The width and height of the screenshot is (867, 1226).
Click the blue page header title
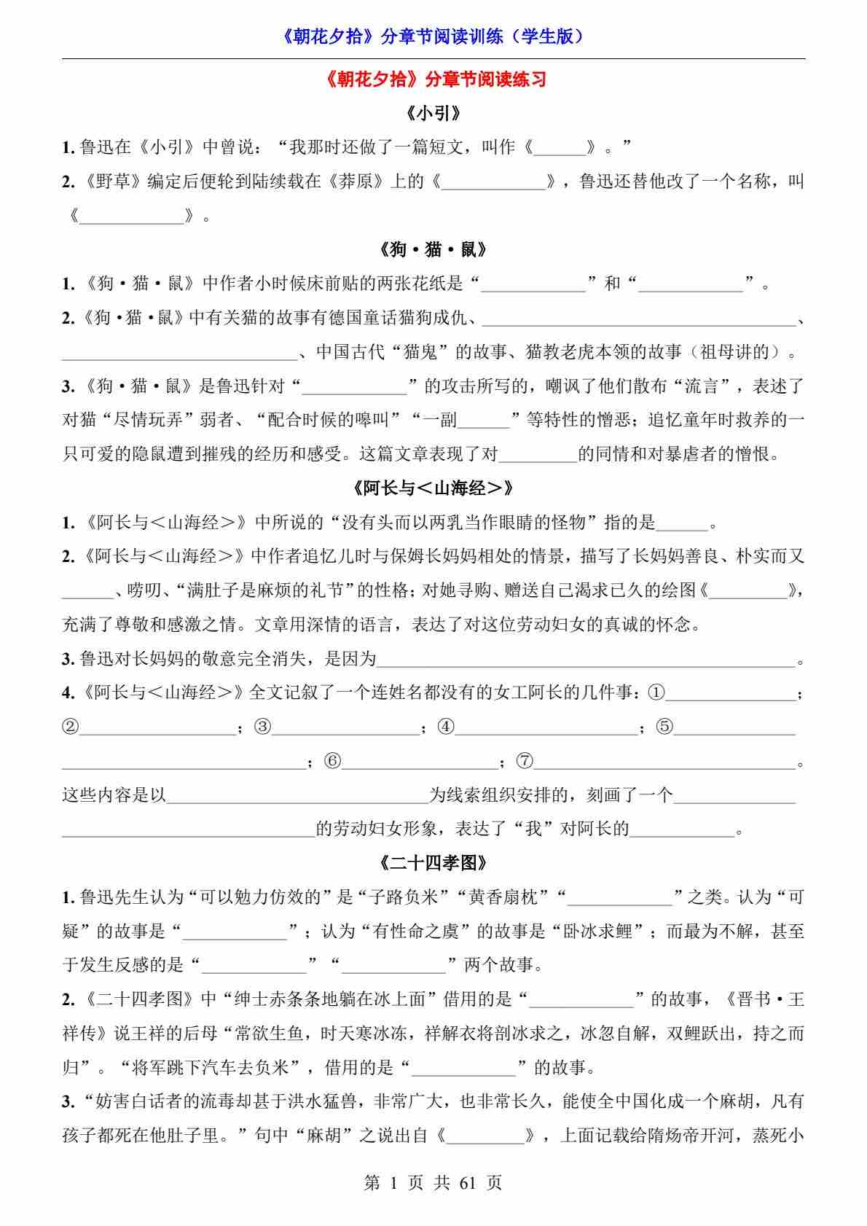point(433,36)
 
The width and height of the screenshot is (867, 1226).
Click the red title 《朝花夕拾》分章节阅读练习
point(433,79)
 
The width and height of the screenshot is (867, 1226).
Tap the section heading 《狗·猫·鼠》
point(433,249)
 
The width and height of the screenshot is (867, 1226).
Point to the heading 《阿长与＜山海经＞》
point(433,488)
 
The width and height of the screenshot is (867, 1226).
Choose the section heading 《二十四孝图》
point(433,862)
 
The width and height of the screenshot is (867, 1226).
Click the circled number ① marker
point(656,692)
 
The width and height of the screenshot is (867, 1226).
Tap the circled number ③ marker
point(263,727)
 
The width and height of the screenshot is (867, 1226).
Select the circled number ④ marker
point(446,727)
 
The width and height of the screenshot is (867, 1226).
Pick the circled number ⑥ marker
point(332,761)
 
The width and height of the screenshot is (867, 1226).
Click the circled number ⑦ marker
point(525,761)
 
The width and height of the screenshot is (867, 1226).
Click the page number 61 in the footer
point(468,1182)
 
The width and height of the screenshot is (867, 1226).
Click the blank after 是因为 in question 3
point(586,660)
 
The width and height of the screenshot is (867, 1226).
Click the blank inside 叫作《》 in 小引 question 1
point(560,148)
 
